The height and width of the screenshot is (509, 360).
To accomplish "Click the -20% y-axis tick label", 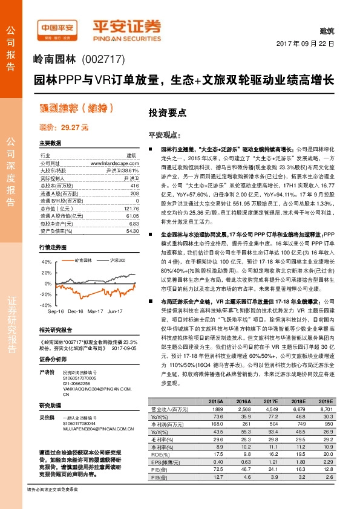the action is pyautogui.click(x=45, y=294).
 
